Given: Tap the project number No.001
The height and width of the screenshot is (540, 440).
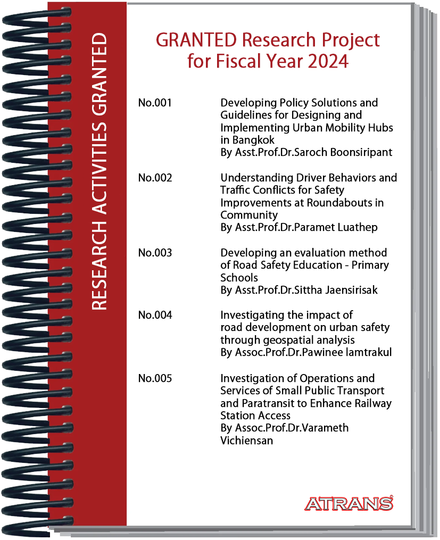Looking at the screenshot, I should click(155, 103).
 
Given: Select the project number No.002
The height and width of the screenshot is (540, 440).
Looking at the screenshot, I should click(155, 178).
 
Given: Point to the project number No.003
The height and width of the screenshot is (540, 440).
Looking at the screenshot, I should click(155, 253).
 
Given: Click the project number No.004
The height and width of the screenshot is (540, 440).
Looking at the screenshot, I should click(155, 315).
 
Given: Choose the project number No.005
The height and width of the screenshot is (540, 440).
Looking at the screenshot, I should click(155, 378).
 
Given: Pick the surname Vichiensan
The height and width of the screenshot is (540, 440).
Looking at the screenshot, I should click(246, 441).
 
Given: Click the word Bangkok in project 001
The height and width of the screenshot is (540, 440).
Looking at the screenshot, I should click(253, 140).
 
